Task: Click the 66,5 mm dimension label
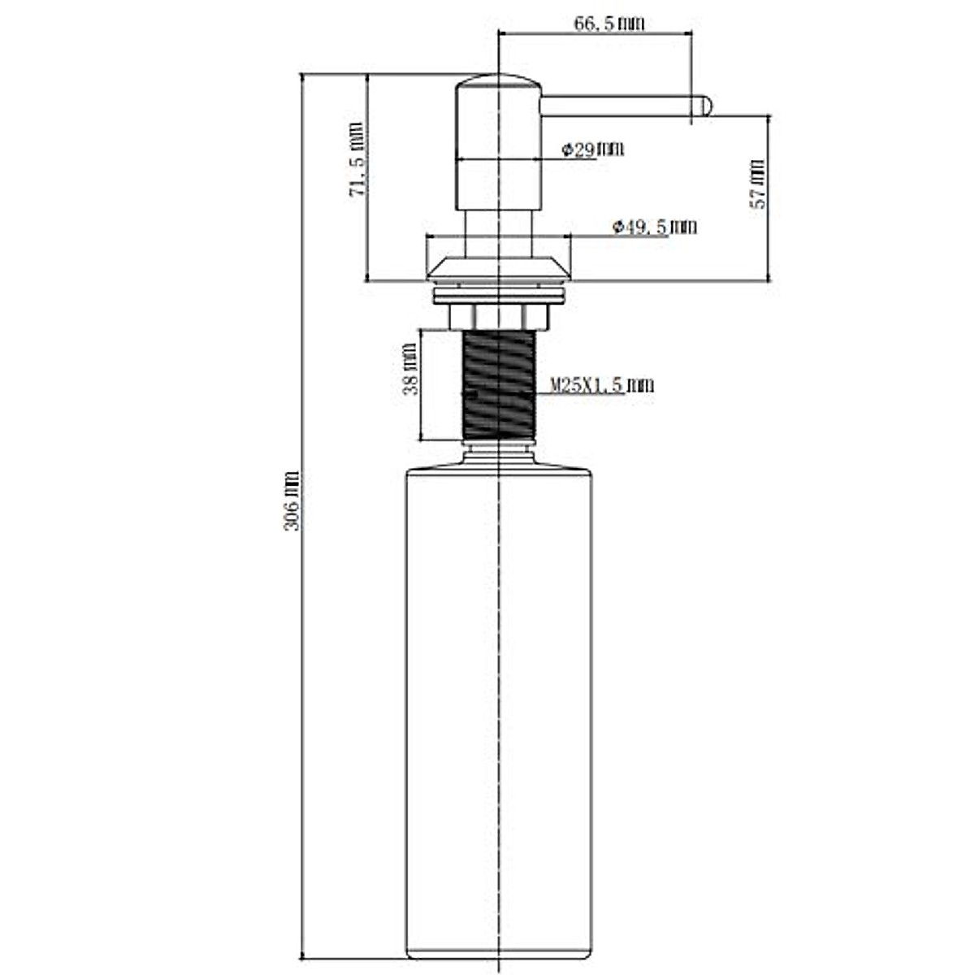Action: click(609, 24)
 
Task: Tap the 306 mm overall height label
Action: click(292, 500)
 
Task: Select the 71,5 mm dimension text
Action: click(357, 159)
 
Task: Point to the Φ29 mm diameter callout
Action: click(593, 149)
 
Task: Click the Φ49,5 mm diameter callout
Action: click(654, 227)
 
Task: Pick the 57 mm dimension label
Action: click(758, 184)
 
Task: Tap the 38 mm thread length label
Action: click(409, 369)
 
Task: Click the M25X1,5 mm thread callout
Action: click(601, 386)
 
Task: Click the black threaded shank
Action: click(499, 385)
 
